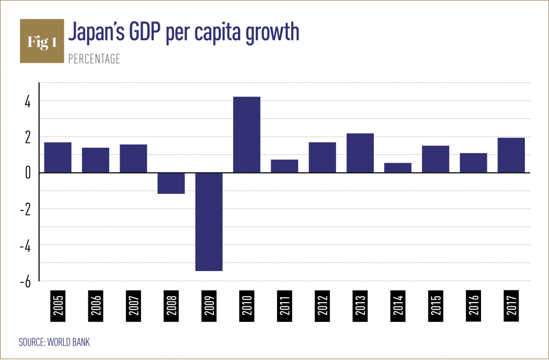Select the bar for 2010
pyautogui.click(x=247, y=134)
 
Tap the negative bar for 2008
pyautogui.click(x=171, y=183)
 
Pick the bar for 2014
pyautogui.click(x=398, y=168)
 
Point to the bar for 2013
pyautogui.click(x=360, y=153)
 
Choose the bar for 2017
pyautogui.click(x=511, y=155)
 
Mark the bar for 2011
pyautogui.click(x=285, y=166)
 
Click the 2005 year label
pyautogui.click(x=58, y=307)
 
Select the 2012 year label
pyautogui.click(x=322, y=307)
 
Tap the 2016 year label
pyautogui.click(x=473, y=307)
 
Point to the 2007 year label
pyautogui.click(x=133, y=307)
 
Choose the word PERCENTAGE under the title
pyautogui.click(x=94, y=59)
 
